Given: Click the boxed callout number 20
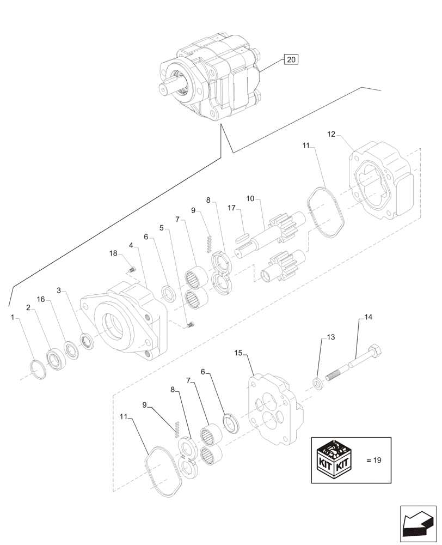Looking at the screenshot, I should click(x=291, y=60).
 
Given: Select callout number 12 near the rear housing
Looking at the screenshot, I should click(x=331, y=134).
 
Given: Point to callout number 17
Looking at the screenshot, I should click(x=231, y=208).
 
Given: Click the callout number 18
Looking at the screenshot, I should click(x=113, y=253).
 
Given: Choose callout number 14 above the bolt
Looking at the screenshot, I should click(x=369, y=317).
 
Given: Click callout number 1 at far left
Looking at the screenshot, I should click(x=12, y=316).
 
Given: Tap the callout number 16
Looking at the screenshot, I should click(x=41, y=300).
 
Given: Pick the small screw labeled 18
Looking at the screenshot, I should click(x=131, y=268).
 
